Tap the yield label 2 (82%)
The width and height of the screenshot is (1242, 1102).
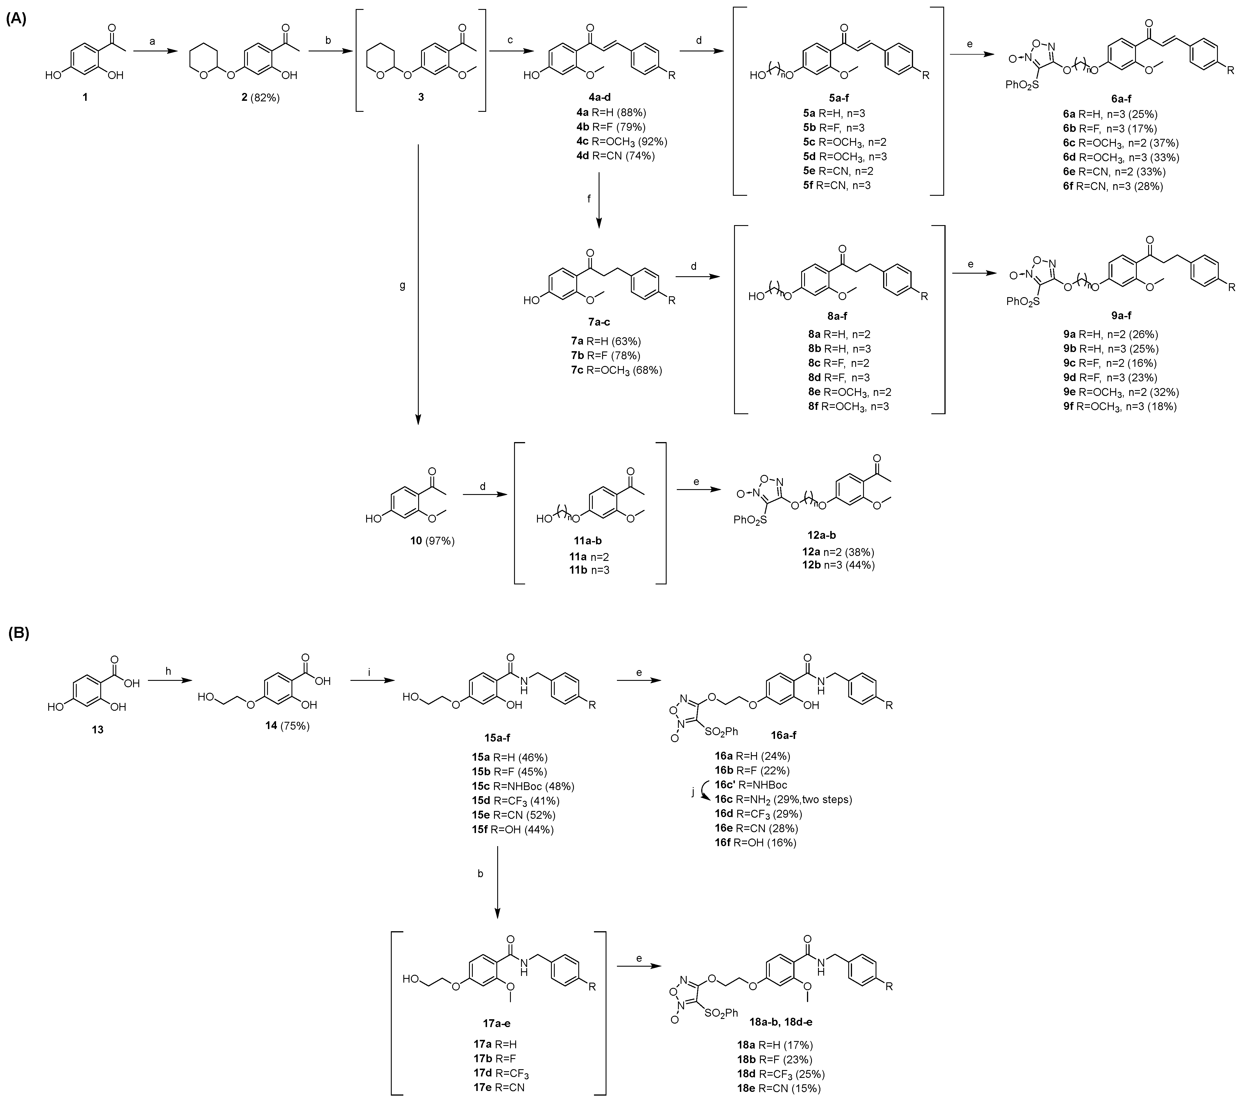(260, 97)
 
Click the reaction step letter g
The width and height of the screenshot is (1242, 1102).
(402, 285)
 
